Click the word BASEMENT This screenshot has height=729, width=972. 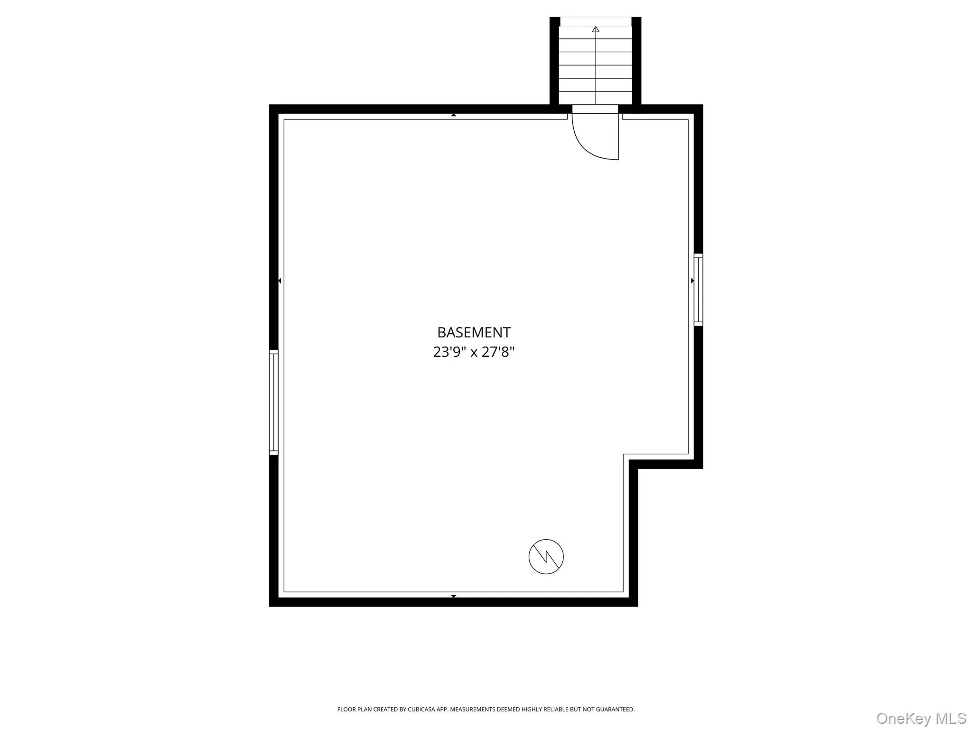pyautogui.click(x=474, y=332)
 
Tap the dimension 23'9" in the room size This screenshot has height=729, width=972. pyautogui.click(x=449, y=352)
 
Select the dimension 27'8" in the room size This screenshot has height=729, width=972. pyautogui.click(x=498, y=352)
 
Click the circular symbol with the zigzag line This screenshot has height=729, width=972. pyautogui.click(x=546, y=557)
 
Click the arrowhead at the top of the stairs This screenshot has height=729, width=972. pyautogui.click(x=596, y=29)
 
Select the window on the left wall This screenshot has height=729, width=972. pyautogui.click(x=273, y=402)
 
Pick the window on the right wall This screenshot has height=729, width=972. pyautogui.click(x=698, y=290)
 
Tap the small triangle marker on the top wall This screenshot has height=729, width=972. pyautogui.click(x=454, y=115)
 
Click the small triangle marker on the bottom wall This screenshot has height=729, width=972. pyautogui.click(x=454, y=596)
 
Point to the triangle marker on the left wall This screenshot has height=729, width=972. pyautogui.click(x=280, y=281)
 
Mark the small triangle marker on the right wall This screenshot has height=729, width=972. pyautogui.click(x=692, y=281)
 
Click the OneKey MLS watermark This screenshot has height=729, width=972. pyautogui.click(x=921, y=719)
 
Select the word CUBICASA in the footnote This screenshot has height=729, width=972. pyautogui.click(x=421, y=710)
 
